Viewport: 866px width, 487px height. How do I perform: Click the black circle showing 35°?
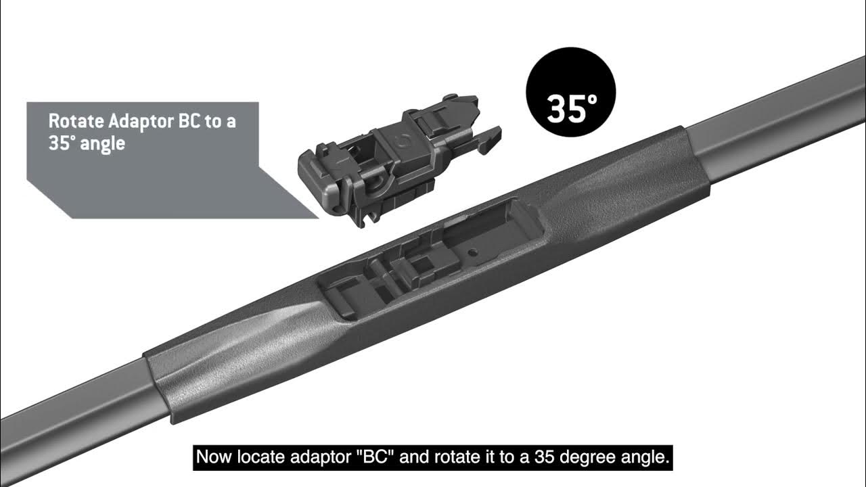pos(570,92)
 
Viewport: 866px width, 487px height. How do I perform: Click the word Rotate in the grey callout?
pos(76,122)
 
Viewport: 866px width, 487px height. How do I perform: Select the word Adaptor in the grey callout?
pos(141,122)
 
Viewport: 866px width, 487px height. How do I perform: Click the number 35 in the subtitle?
pos(541,457)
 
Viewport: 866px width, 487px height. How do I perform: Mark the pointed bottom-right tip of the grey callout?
pos(317,218)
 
